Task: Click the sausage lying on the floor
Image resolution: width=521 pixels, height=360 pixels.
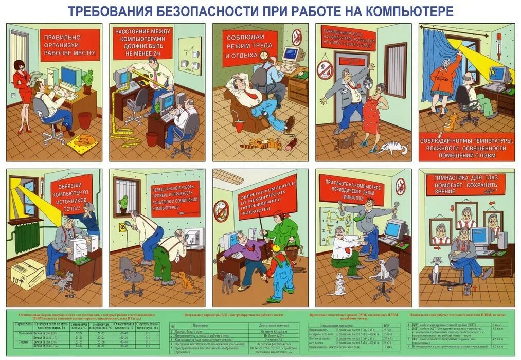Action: [x=291, y=140]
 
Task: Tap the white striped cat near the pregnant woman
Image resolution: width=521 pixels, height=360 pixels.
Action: [x=392, y=149]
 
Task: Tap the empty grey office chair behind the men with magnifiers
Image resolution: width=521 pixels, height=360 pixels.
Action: [x=131, y=273]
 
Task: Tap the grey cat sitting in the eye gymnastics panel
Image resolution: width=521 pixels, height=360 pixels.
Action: [x=437, y=269]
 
